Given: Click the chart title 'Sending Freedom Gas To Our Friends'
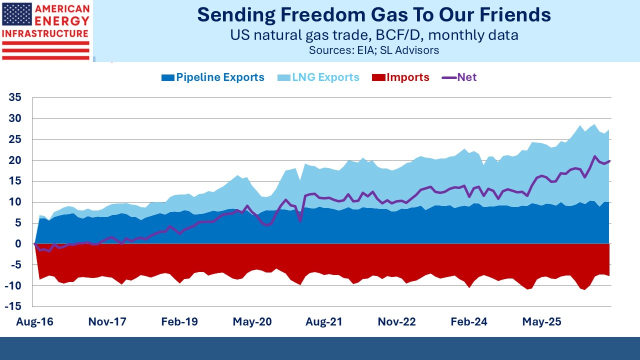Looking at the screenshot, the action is (374, 15).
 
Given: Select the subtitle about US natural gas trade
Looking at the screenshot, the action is (374, 35).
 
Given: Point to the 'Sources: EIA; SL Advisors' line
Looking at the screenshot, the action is (374, 50).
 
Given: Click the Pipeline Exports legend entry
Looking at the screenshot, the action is (213, 77).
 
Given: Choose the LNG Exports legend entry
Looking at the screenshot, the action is (318, 77).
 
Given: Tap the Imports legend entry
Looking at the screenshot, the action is (400, 77).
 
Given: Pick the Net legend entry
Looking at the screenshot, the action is (459, 77).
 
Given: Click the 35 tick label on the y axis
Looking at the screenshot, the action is (15, 97).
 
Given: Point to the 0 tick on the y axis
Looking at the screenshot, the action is (18, 243).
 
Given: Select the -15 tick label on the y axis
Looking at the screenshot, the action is (13, 306).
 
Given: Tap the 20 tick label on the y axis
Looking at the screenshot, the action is (15, 160).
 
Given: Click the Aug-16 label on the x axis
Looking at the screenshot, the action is (34, 322).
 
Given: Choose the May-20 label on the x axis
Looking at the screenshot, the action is (252, 322).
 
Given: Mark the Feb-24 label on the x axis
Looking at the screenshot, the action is (469, 322).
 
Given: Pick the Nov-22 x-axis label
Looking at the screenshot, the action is (396, 322).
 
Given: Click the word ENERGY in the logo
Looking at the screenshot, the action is (62, 21).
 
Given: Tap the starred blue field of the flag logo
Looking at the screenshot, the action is (17, 14).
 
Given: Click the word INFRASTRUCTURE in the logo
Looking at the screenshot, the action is (45, 33).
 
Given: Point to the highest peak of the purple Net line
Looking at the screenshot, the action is (594, 156).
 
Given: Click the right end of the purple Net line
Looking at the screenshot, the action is (609, 161).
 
